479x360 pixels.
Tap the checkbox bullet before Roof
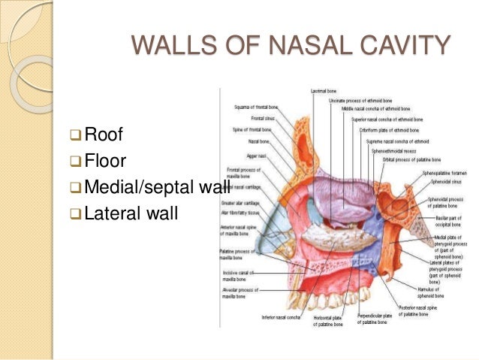pos(74,136)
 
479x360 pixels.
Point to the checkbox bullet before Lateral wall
pos(74,213)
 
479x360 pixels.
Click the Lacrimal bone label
pos(324,91)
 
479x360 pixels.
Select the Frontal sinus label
pos(264,119)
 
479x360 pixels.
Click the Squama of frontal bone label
pos(258,107)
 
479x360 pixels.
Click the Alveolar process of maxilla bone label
pos(239,293)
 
